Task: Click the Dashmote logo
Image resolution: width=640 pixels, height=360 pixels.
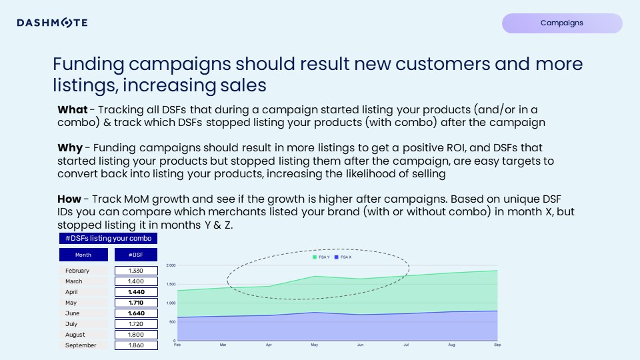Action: tap(52, 23)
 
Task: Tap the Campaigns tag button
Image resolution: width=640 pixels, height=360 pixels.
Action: tap(561, 23)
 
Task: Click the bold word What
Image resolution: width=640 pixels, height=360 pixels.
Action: tap(72, 110)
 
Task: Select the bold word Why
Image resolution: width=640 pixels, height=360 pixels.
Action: tap(70, 148)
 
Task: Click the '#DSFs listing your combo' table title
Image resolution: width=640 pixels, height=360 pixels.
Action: tap(108, 238)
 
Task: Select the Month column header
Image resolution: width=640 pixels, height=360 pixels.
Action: tap(83, 255)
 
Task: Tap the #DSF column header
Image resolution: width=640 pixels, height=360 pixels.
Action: tap(135, 255)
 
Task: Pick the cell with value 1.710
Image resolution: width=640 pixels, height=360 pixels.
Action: tap(135, 303)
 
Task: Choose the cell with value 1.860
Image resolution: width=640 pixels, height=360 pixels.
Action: tap(135, 345)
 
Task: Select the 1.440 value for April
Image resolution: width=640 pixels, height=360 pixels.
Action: tap(135, 292)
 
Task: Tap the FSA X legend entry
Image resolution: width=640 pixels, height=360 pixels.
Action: tap(345, 257)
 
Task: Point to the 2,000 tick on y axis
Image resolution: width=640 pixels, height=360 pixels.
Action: tap(170, 265)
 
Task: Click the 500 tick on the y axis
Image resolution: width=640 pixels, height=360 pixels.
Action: tap(171, 322)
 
